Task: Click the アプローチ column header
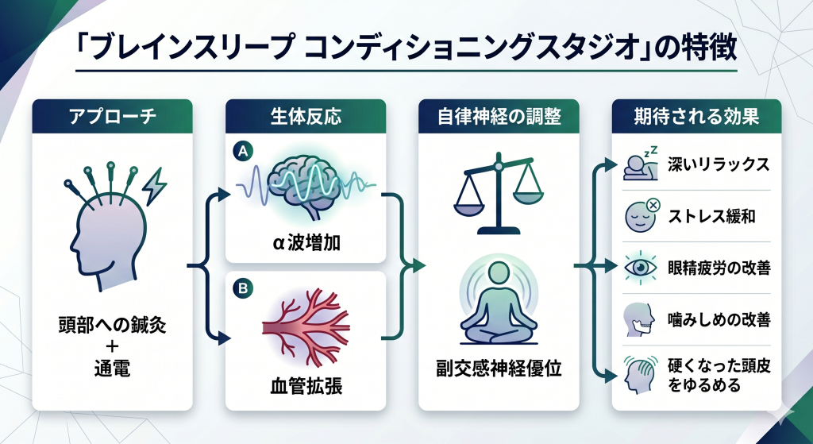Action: (112, 117)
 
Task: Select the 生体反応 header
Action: (306, 117)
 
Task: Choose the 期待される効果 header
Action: (695, 117)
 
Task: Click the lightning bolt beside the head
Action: (152, 184)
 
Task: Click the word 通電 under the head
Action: (112, 370)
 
